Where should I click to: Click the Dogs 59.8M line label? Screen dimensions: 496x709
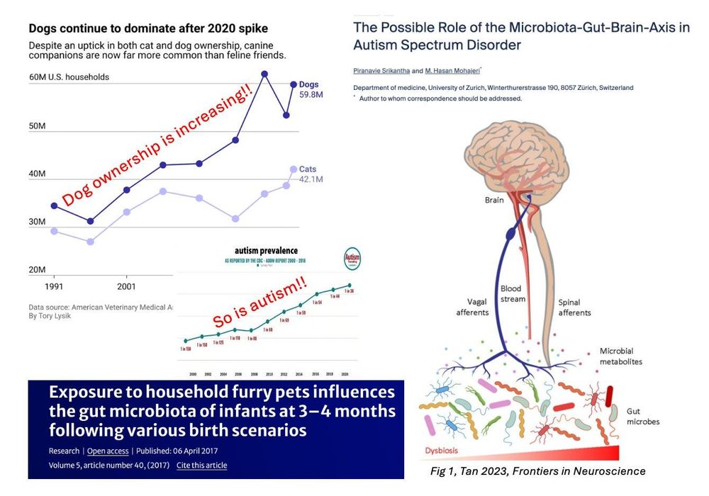tap(310, 89)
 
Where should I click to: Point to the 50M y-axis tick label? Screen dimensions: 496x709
tap(37, 126)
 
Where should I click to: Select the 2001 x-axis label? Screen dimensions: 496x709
tap(126, 288)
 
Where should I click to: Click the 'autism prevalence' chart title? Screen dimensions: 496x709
tap(266, 251)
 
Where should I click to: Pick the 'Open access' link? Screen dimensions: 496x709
tap(108, 451)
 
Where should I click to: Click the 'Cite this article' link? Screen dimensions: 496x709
tap(201, 466)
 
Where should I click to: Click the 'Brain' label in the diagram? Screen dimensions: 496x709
tap(494, 200)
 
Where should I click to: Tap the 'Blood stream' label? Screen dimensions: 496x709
tap(513, 294)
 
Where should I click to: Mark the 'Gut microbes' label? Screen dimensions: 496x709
tap(642, 416)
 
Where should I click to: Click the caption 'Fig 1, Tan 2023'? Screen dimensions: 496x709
tap(538, 471)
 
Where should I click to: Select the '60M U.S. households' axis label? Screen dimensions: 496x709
tap(69, 77)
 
